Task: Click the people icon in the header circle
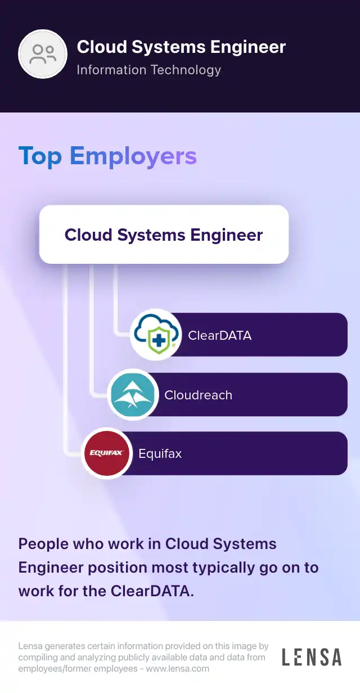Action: [43, 54]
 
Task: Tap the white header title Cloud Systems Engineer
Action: [181, 47]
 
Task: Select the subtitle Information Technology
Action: [148, 70]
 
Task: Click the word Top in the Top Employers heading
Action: [40, 156]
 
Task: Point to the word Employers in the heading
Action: [133, 156]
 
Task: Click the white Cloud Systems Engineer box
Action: [164, 235]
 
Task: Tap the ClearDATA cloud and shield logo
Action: [156, 335]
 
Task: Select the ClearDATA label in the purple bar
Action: [219, 335]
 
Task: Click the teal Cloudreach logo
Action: [133, 394]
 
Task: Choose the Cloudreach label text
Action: [198, 395]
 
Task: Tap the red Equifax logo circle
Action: [107, 453]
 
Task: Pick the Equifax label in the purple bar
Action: [160, 454]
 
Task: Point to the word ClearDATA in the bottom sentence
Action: [152, 591]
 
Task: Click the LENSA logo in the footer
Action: [312, 657]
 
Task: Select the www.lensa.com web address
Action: [178, 669]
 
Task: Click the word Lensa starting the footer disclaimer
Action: [30, 646]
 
